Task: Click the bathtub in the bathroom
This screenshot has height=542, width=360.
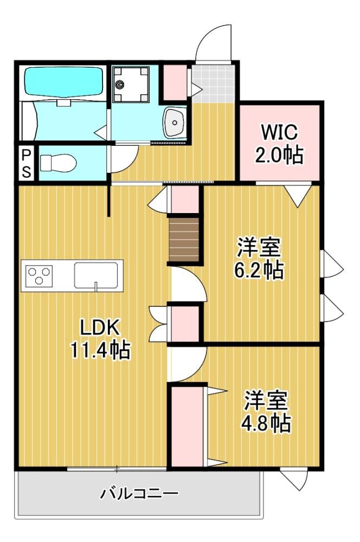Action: tap(63, 82)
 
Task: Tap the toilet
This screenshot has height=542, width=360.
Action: tap(58, 163)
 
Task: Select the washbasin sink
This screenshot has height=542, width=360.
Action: tap(175, 122)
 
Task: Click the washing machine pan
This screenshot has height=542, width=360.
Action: tap(131, 85)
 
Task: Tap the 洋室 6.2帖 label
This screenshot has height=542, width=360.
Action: tap(259, 257)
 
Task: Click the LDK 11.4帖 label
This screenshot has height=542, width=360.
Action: tap(100, 338)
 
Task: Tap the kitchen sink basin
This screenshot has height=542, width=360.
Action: tap(96, 275)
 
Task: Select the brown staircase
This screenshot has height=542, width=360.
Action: tap(184, 239)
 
